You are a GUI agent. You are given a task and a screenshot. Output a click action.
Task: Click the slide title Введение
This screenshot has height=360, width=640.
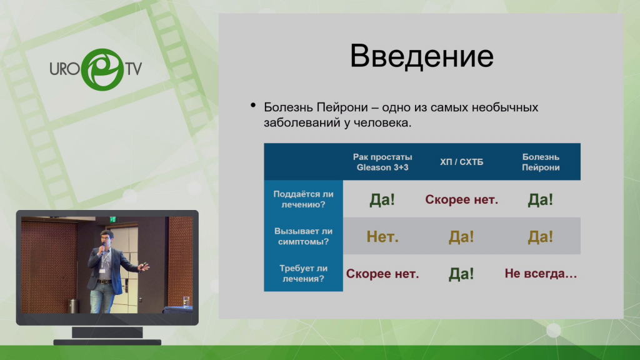422,56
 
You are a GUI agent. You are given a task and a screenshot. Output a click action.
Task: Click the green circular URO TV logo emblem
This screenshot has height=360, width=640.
102,69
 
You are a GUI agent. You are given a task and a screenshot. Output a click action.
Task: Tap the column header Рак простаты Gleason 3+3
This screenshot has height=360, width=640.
382,162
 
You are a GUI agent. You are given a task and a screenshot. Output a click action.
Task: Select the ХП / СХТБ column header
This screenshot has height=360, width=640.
461,162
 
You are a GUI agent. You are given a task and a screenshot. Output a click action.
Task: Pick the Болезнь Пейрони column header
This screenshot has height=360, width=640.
541,162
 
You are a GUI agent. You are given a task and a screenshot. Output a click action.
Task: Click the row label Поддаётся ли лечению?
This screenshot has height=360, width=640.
303,199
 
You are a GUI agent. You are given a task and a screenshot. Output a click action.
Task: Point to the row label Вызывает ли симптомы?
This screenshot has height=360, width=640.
303,236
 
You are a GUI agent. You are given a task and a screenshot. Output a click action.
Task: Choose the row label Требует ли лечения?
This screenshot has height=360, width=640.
303,274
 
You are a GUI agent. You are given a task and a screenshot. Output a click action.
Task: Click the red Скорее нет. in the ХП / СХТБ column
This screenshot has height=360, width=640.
461,199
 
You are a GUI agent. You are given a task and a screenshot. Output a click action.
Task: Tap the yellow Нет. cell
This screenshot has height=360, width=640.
382,237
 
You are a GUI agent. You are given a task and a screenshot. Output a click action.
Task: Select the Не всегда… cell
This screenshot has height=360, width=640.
541,274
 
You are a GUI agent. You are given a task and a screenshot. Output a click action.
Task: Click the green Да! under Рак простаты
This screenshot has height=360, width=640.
382,199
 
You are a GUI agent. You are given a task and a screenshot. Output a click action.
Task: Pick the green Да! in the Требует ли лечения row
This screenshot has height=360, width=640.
461,274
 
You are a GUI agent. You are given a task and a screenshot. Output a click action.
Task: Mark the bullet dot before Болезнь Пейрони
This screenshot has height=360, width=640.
253,106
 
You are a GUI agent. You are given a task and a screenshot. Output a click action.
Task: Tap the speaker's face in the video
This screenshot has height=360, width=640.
105,237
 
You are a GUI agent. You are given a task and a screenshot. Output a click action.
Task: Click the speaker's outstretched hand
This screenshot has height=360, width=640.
144,267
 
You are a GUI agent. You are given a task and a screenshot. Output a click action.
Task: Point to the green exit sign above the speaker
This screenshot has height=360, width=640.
112,219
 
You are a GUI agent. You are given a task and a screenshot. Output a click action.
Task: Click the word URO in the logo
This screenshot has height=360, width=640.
64,69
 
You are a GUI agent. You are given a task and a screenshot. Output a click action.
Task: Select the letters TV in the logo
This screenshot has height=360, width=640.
134,69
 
